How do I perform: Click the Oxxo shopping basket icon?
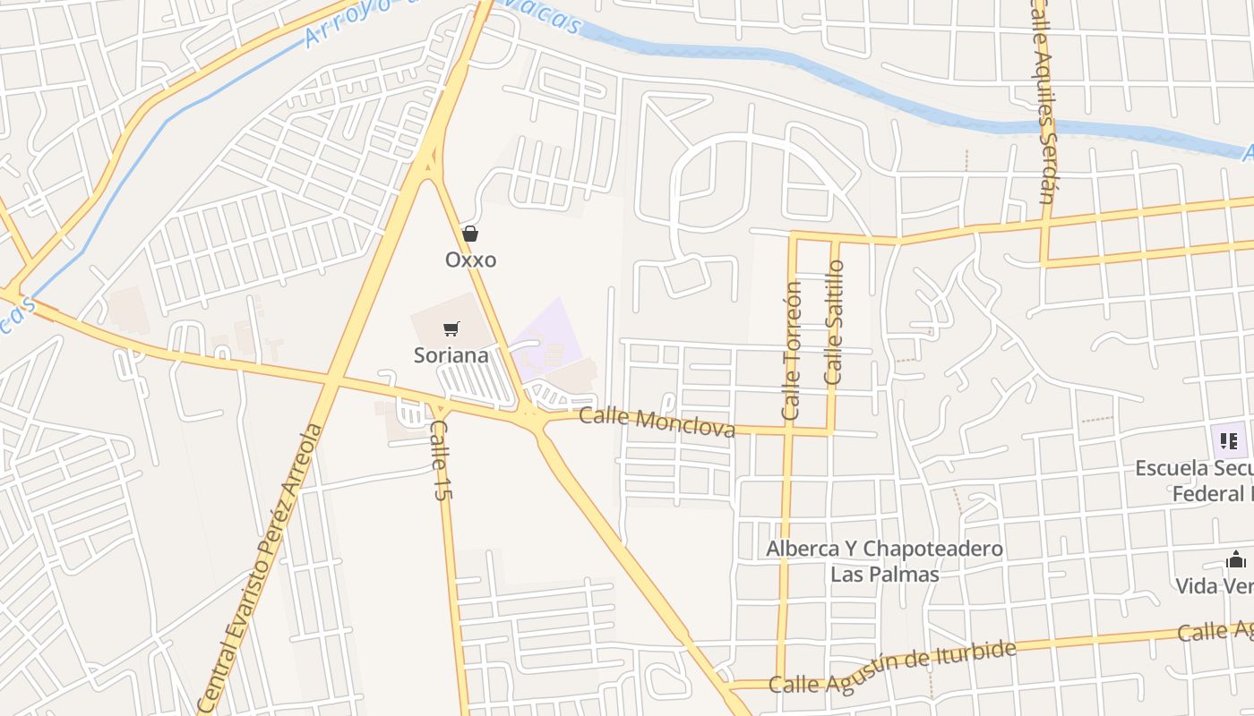470,234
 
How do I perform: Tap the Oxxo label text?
470,260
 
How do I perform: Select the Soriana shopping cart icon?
451,329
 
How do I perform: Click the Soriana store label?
451,355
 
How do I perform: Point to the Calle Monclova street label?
657,422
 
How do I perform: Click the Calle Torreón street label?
791,351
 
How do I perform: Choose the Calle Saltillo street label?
834,322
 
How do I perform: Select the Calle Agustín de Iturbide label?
893,668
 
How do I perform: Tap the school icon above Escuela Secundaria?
1228,440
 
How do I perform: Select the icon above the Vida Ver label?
1236,561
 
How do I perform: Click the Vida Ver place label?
1215,586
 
